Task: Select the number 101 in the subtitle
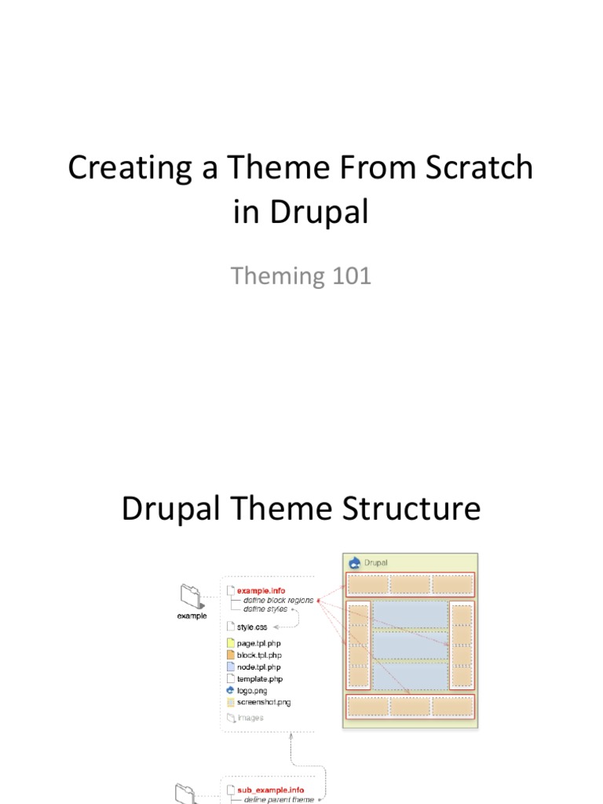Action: [x=349, y=276]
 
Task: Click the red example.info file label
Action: [x=262, y=590]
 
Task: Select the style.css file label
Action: [x=252, y=627]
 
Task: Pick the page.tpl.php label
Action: [x=259, y=644]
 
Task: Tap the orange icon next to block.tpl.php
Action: [x=230, y=655]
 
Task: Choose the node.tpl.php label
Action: [x=259, y=667]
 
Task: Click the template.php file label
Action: [x=260, y=678]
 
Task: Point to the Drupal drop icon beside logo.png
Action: [x=230, y=690]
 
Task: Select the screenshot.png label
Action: [x=264, y=702]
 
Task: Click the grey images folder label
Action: [x=250, y=718]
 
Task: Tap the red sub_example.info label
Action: [x=270, y=789]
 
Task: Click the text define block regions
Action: [x=278, y=600]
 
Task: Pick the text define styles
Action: [x=265, y=609]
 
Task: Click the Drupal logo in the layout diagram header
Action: [x=355, y=562]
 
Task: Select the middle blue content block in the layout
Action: [x=410, y=645]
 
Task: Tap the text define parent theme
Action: [x=279, y=799]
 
